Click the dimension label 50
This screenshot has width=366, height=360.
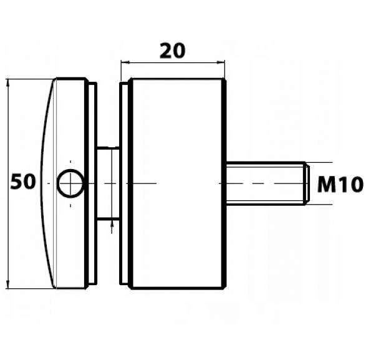(23, 182)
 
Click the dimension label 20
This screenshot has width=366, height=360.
(173, 51)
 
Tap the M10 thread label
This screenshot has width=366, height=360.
(340, 184)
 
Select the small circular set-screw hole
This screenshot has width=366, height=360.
(70, 183)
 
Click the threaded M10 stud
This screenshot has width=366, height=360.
(267, 183)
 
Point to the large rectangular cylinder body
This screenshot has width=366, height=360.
(178, 183)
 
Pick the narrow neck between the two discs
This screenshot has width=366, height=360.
(108, 183)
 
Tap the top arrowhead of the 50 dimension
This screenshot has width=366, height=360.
(8, 83)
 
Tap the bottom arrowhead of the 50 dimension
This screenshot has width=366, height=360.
(8, 284)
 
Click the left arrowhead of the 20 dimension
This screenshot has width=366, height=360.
(125, 62)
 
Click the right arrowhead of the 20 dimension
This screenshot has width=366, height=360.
(221, 62)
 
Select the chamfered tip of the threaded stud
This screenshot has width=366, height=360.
(307, 183)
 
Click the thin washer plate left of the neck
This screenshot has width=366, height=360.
(93, 183)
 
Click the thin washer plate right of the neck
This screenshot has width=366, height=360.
(123, 183)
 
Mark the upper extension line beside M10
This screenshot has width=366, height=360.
(319, 162)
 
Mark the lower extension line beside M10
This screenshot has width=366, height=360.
(319, 205)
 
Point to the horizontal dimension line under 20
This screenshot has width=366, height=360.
(173, 62)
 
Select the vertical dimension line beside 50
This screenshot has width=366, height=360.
(8, 183)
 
